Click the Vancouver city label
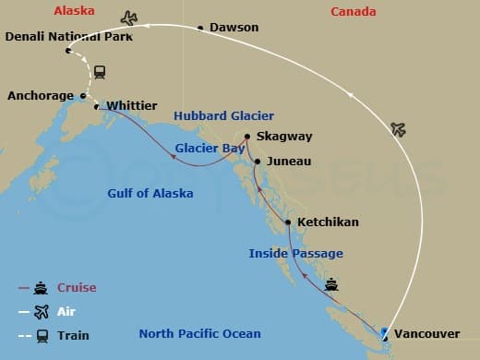coord(426,333)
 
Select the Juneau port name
coord(288,161)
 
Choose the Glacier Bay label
coord(210,147)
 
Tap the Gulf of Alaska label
coord(150,193)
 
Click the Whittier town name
coord(133,106)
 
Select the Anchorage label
coord(41,95)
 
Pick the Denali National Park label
coord(68,37)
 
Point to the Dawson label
coord(234,28)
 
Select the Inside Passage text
coord(295,253)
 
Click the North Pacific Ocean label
coord(199,333)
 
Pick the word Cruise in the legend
coord(78,287)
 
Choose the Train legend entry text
coord(74,335)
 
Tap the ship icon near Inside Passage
coord(330,283)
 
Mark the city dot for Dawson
coord(201,29)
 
